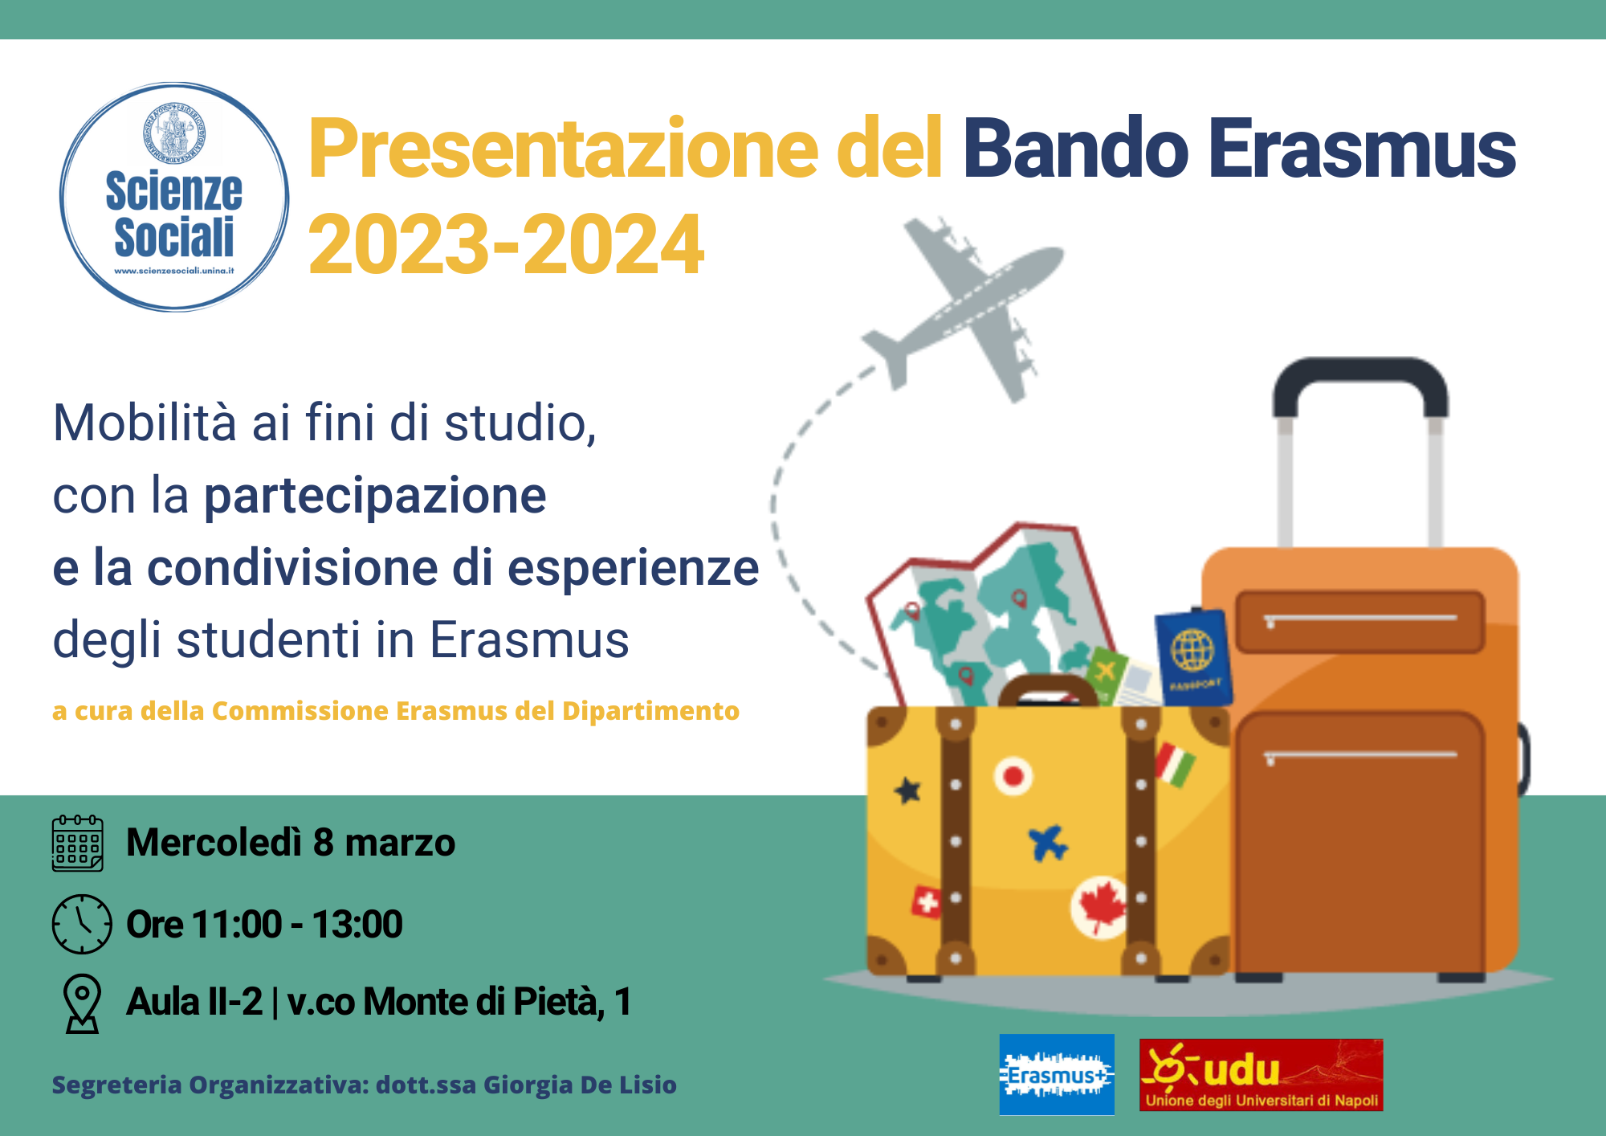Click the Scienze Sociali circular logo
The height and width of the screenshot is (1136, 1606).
point(174,197)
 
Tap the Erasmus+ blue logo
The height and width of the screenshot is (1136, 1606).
point(1057,1074)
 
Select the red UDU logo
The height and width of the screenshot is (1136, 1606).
point(1261,1075)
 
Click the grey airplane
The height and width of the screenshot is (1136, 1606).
point(963,309)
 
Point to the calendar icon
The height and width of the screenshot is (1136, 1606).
point(78,843)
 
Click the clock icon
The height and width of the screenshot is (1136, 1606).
point(82,924)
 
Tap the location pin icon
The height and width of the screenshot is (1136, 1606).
point(82,1003)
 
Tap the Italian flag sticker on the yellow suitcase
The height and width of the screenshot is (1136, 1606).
point(1176,764)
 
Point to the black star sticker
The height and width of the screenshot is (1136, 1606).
point(908,791)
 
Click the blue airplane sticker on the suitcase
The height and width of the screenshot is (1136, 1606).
point(1049,843)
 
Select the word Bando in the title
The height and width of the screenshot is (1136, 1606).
point(1075,149)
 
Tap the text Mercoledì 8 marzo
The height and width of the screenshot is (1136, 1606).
point(291,843)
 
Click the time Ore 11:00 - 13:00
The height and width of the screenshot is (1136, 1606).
point(264,924)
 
